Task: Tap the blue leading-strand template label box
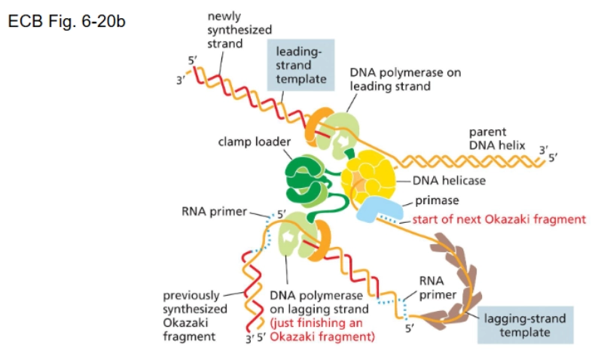click(x=300, y=66)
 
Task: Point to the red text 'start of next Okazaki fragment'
click(x=498, y=220)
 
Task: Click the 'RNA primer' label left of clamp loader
click(x=215, y=212)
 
